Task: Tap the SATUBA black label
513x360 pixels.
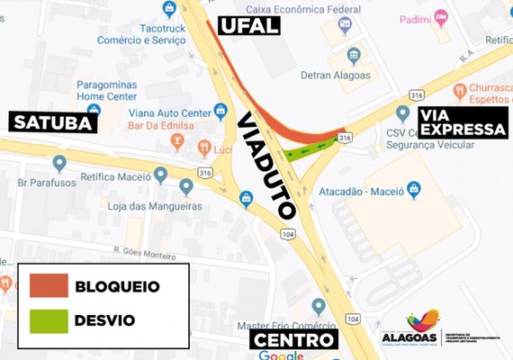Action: (51, 122)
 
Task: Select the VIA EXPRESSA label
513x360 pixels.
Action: (463, 122)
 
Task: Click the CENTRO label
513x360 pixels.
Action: (293, 340)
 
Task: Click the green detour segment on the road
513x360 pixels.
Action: (310, 146)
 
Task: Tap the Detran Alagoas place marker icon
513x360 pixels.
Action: (355, 55)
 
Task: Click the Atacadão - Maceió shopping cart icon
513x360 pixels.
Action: (414, 188)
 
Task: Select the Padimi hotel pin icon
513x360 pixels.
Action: (440, 16)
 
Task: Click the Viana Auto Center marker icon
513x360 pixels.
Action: (220, 112)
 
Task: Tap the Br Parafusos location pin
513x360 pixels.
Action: (59, 163)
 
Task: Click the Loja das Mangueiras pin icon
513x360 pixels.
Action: (186, 186)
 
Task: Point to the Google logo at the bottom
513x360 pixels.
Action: (280, 355)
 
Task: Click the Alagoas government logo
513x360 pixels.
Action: (422, 329)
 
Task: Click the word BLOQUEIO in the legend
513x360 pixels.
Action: (118, 286)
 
